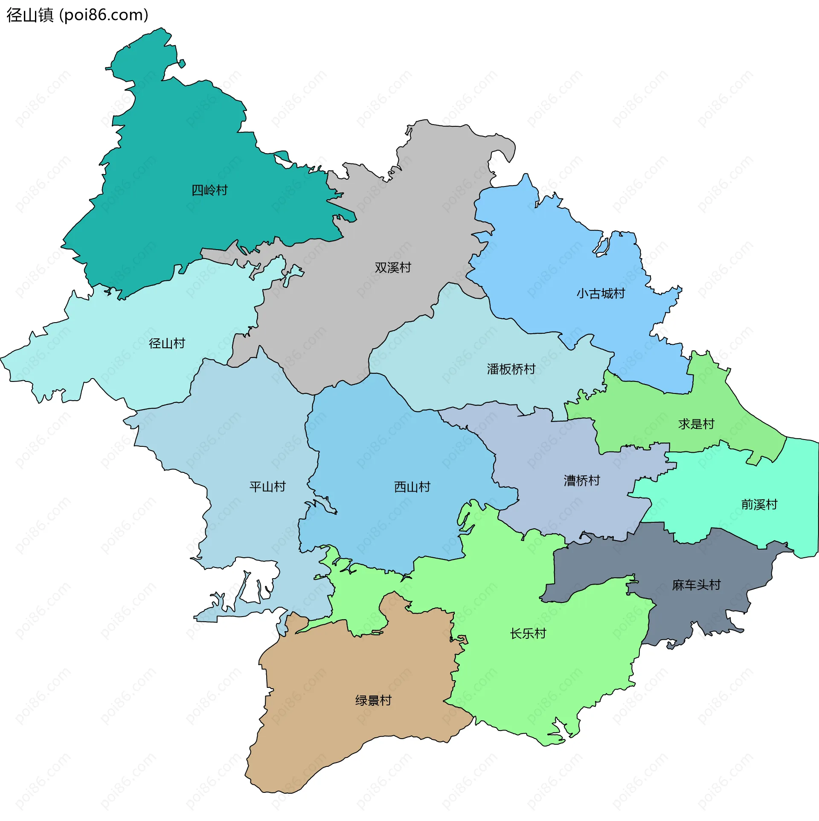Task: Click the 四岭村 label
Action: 209,190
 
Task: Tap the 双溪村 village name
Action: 393,268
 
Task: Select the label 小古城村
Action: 601,294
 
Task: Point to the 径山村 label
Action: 167,344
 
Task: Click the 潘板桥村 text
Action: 511,369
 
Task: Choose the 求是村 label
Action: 696,424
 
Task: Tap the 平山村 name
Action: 267,487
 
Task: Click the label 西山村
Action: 412,487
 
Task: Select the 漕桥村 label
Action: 582,481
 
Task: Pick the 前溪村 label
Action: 759,505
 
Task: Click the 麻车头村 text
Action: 696,585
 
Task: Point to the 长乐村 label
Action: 528,634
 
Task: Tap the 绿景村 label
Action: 373,701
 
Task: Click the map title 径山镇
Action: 30,15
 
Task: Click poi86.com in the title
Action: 104,15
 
